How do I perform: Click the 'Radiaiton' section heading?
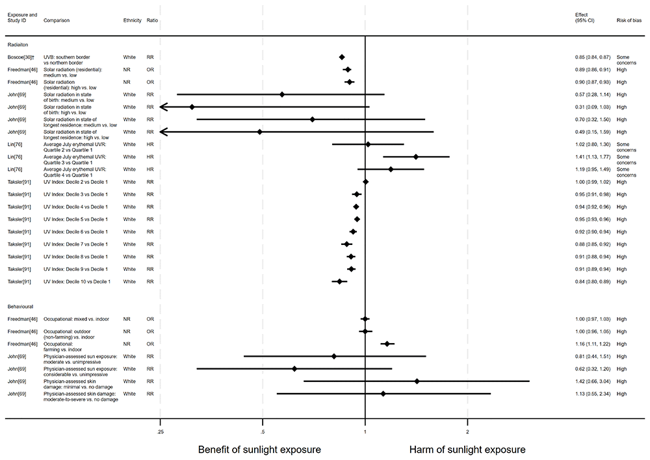pyautogui.click(x=19, y=45)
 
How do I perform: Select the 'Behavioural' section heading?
pyautogui.click(x=20, y=306)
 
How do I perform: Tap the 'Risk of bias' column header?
pyautogui.click(x=628, y=20)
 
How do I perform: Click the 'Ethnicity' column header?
pyautogui.click(x=132, y=20)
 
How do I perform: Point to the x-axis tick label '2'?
pyautogui.click(x=467, y=431)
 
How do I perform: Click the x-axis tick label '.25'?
pyautogui.click(x=159, y=431)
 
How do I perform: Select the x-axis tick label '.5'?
pyautogui.click(x=262, y=431)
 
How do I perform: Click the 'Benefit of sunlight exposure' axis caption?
pyautogui.click(x=259, y=450)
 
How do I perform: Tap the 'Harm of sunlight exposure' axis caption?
pyautogui.click(x=467, y=450)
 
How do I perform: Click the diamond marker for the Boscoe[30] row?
pyautogui.click(x=342, y=57)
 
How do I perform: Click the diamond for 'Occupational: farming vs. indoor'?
pyautogui.click(x=387, y=344)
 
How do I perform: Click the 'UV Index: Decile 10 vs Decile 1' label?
pyautogui.click(x=77, y=282)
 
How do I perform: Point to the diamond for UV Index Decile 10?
pyautogui.click(x=339, y=281)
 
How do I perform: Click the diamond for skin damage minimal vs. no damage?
pyautogui.click(x=417, y=381)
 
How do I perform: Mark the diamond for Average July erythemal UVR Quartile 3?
pyautogui.click(x=416, y=157)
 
